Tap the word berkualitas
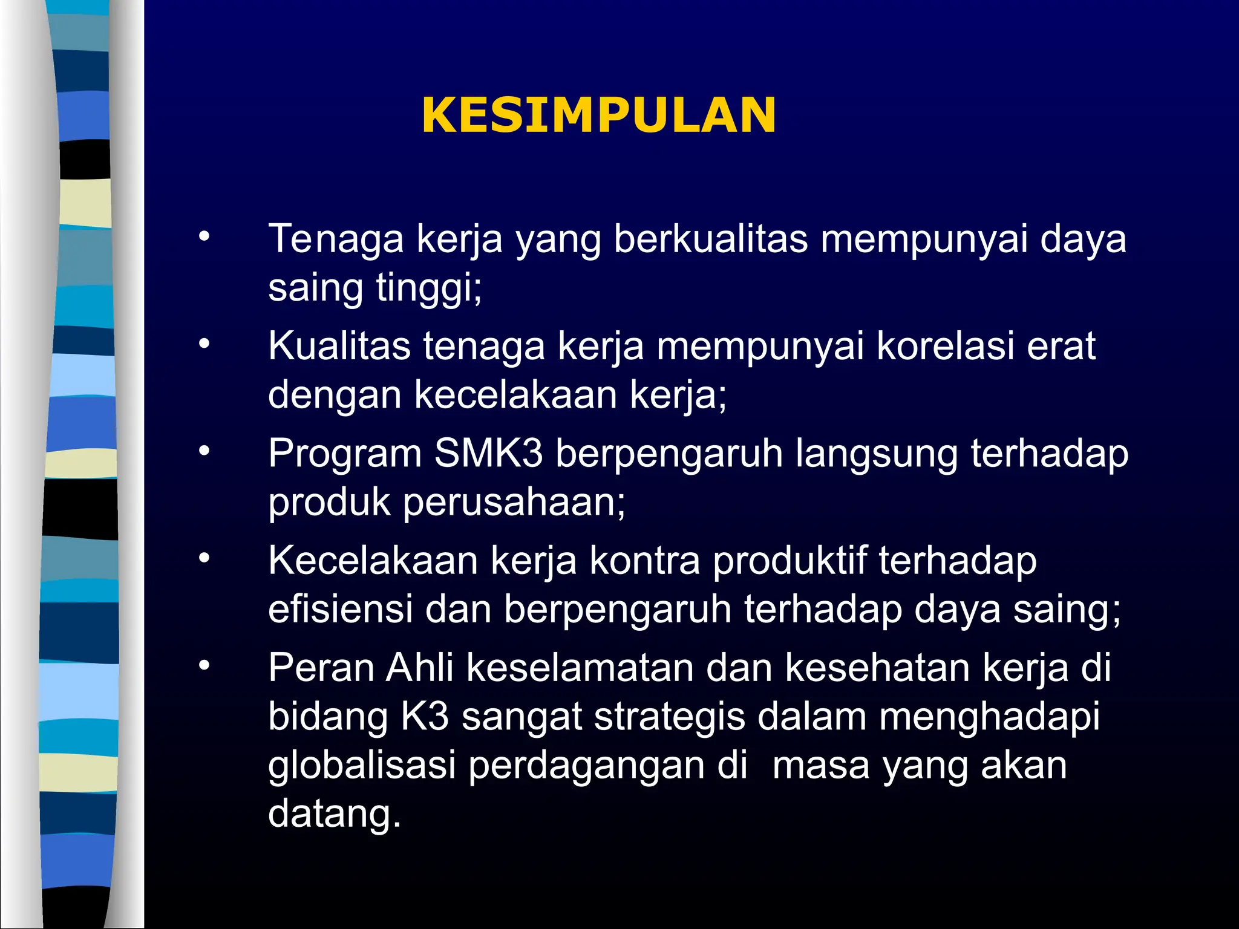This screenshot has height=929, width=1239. tap(711, 239)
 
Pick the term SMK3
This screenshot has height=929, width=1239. tap(488, 453)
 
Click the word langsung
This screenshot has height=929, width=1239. tap(877, 454)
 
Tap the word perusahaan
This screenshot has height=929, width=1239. tap(514, 502)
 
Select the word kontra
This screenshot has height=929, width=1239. tap(644, 561)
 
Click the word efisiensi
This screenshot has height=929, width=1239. tap(340, 608)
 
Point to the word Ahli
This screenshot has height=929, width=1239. tap(420, 668)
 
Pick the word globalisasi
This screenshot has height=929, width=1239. tap(361, 765)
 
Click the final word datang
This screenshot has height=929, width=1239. tap(334, 814)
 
